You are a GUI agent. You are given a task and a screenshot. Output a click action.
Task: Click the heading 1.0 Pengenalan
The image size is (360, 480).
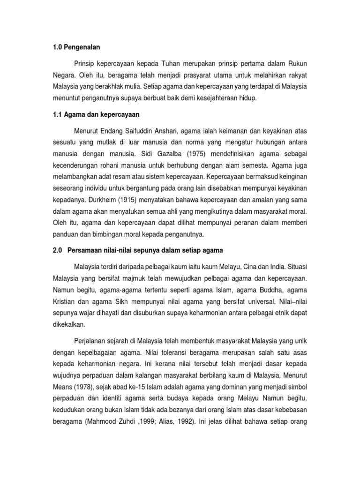76,47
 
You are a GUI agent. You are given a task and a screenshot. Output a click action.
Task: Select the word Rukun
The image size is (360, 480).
299,63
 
